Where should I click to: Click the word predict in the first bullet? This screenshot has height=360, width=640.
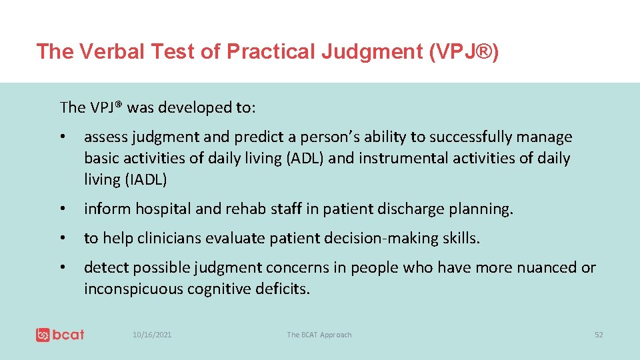[257, 137]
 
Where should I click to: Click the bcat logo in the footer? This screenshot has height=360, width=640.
[60, 335]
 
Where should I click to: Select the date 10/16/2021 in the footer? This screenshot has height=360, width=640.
[151, 335]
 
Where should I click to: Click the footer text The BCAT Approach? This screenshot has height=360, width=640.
[319, 335]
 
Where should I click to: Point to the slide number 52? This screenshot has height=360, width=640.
[598, 335]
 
